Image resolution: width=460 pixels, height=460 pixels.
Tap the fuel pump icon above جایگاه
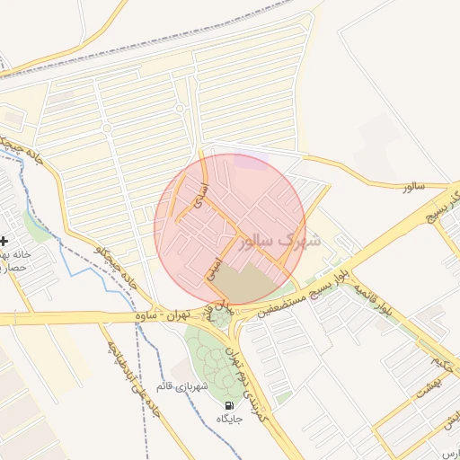tap(224, 406)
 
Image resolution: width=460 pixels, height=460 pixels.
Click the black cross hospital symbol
tap(5, 241)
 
